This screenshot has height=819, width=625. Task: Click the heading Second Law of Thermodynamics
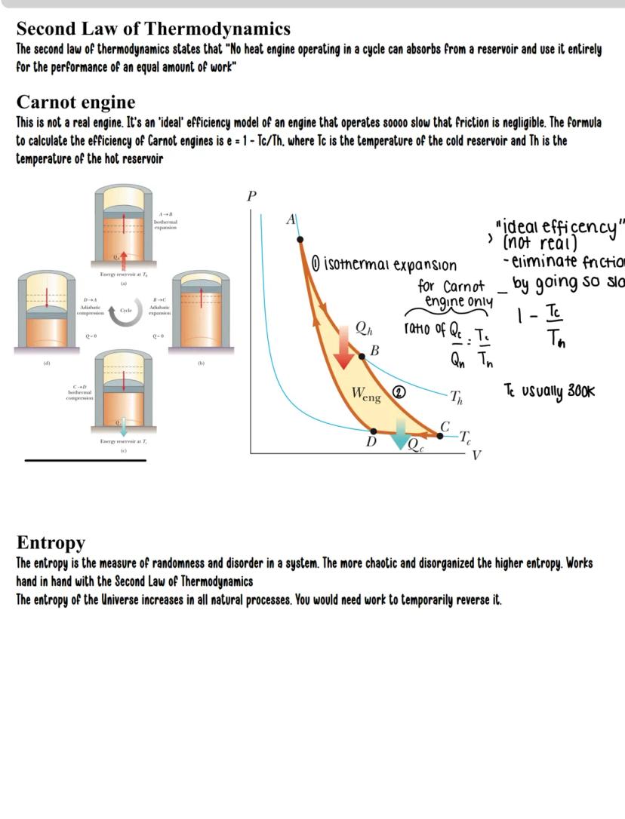point(153,29)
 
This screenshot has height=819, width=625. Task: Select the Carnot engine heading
point(75,102)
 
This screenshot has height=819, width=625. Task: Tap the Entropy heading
point(51,542)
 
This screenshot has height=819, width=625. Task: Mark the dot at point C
point(442,434)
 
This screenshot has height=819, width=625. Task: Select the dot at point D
point(374,431)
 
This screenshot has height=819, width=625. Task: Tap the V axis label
point(476,455)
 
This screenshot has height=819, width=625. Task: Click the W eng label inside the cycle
point(366,394)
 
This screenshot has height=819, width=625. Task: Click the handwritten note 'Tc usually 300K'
point(549,391)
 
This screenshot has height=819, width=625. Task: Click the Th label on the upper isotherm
point(457,397)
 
